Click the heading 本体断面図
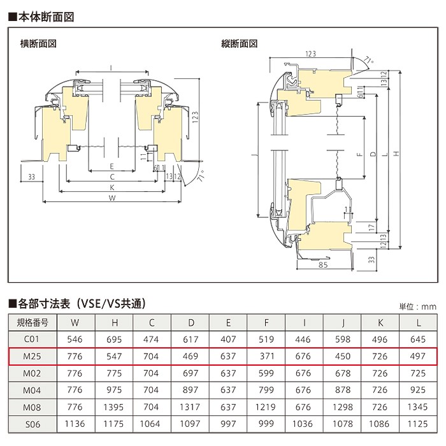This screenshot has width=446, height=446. tap(46, 17)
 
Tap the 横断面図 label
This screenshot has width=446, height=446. tap(38, 44)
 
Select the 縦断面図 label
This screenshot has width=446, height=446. tap(240, 44)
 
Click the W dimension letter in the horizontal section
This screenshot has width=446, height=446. tap(112, 198)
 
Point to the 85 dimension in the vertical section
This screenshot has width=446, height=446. tap(323, 265)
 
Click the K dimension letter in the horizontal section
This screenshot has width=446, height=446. tap(112, 187)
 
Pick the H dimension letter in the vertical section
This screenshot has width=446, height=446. tap(396, 154)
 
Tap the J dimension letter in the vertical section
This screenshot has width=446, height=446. tap(255, 155)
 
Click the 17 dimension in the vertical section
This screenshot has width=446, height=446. tap(371, 227)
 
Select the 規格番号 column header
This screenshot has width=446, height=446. tap(32, 322)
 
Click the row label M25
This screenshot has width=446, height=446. tap(32, 356)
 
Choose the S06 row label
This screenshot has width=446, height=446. tap(32, 424)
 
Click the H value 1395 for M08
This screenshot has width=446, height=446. tap(113, 407)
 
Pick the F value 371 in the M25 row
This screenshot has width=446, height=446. tap(267, 356)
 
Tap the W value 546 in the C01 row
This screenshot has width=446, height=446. tap(75, 340)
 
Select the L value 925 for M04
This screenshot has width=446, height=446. tap(418, 390)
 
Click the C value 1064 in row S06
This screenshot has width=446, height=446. tap(150, 424)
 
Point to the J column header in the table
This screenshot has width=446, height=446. tap(343, 322)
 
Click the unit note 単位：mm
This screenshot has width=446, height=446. tap(417, 306)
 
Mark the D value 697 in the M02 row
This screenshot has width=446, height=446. tap(191, 373)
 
